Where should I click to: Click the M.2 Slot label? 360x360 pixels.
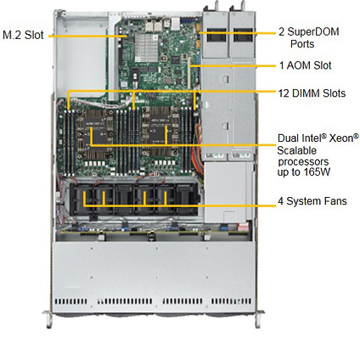[x=23, y=35]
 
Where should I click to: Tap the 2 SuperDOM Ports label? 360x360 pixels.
[x=309, y=37]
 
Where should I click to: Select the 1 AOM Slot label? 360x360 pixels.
[x=305, y=65]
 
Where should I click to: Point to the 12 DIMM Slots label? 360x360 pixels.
[x=312, y=93]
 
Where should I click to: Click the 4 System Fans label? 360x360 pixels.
[x=312, y=201]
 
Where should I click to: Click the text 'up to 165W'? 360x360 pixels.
[x=304, y=172]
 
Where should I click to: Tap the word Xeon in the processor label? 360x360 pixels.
[x=344, y=138]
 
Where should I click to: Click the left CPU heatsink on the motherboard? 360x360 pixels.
[x=96, y=134]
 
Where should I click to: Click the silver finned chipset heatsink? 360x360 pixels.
[x=146, y=48]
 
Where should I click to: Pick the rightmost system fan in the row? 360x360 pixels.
[x=187, y=198]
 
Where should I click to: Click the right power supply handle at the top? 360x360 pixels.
[x=240, y=6]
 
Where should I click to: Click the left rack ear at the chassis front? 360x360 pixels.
[x=48, y=318]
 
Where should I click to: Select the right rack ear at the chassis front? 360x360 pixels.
[x=259, y=318]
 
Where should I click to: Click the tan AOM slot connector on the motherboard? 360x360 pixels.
[x=188, y=72]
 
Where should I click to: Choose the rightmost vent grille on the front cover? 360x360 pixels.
[x=231, y=301]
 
